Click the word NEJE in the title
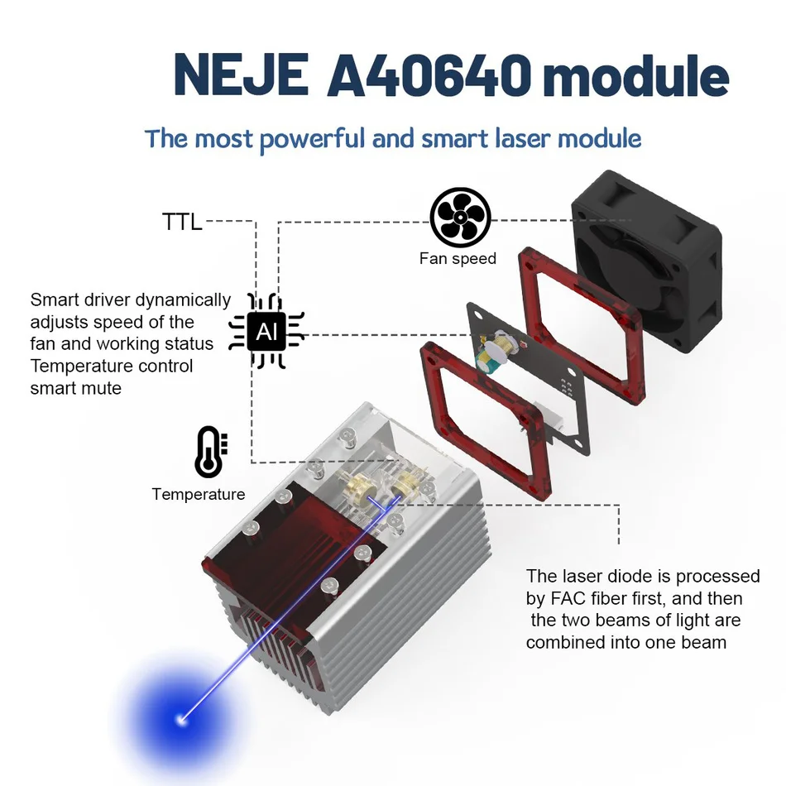point(241,74)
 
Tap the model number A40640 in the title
point(429,74)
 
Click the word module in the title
point(635,75)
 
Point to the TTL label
point(182,222)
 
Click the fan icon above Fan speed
point(460,218)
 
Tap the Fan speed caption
point(458,259)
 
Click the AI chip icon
point(266,331)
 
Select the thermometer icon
point(211,452)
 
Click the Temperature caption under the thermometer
point(199,494)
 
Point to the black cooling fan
point(647,261)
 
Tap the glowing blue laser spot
point(181,721)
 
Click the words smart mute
point(75,389)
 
